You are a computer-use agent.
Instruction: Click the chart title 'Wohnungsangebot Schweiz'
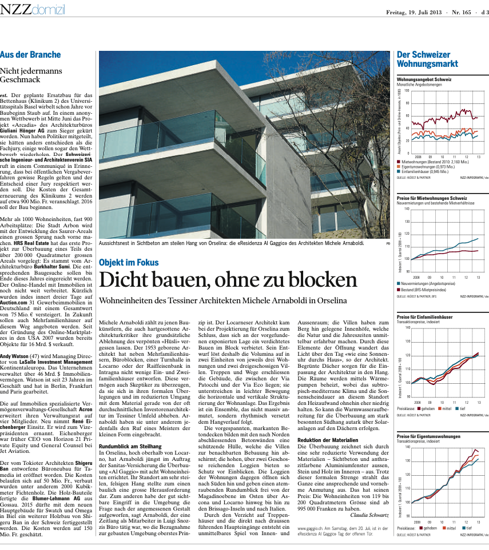[424, 79]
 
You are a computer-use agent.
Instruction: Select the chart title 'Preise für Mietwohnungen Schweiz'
[432, 198]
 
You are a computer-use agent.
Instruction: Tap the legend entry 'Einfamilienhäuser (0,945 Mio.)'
[427, 171]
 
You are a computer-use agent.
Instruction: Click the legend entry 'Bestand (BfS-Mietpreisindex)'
[426, 290]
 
